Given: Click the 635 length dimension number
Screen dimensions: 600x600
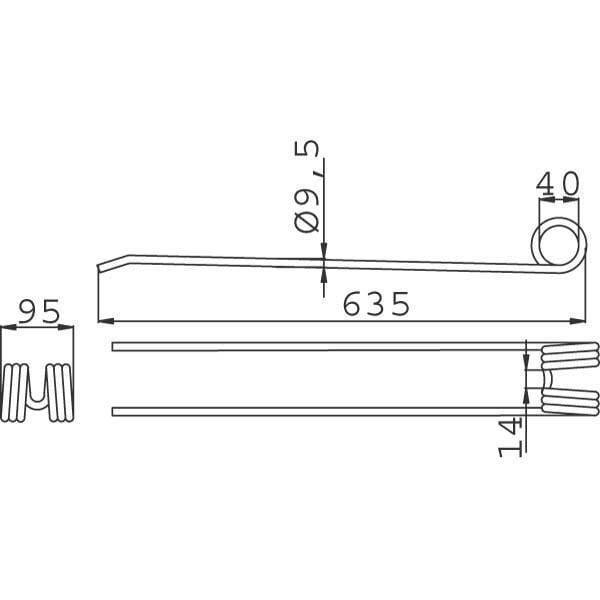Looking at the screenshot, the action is click(x=376, y=304).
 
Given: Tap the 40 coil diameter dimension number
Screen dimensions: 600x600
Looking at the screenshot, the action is click(x=557, y=184).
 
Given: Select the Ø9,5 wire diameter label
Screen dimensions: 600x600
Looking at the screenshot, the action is click(x=307, y=186).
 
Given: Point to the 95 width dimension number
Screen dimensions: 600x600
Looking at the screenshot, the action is click(x=39, y=311).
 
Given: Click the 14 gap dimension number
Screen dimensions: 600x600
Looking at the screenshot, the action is click(x=510, y=437).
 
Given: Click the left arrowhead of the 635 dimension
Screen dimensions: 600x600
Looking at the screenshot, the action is click(x=106, y=321).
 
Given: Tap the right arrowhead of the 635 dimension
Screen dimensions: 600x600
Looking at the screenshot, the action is click(x=578, y=321).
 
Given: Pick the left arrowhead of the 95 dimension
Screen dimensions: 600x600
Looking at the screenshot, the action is click(x=9, y=327).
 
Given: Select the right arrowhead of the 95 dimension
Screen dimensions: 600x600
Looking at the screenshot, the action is click(x=65, y=327).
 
